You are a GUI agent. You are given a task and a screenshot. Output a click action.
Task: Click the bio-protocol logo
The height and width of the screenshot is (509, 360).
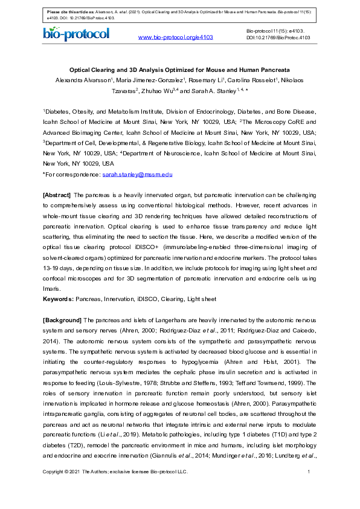click(76, 34)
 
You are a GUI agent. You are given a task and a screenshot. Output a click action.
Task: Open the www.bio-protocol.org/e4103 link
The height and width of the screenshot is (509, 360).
click(176, 37)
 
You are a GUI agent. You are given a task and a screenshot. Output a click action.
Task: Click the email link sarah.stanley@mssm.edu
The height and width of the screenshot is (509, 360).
click(138, 174)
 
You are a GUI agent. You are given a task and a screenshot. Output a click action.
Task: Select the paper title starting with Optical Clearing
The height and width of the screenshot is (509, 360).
click(179, 70)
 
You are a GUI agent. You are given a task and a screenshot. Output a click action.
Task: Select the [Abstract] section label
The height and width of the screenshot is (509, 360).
click(56, 195)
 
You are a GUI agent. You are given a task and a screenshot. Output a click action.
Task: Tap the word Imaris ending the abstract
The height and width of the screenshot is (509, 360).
click(53, 288)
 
